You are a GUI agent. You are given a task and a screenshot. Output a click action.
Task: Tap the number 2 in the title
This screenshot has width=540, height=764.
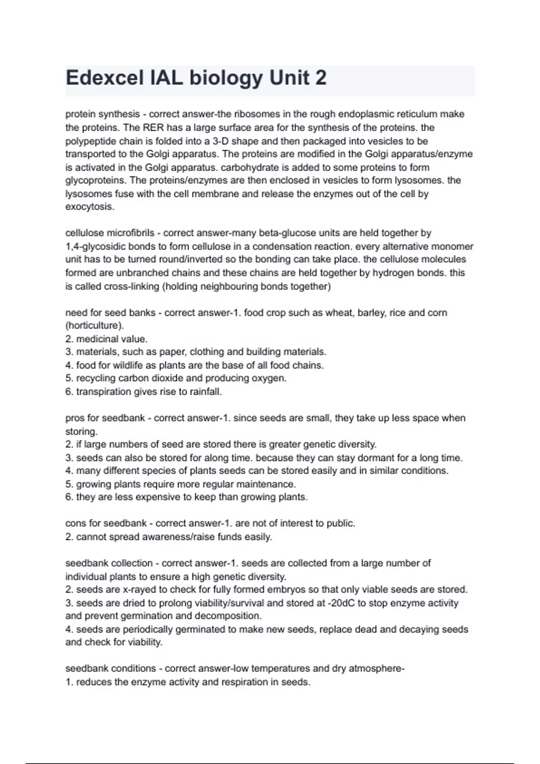coord(321,78)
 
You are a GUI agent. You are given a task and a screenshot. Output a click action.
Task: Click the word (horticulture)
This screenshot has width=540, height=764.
coord(94,325)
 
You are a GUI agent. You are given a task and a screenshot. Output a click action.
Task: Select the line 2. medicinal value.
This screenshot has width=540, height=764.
coord(107,339)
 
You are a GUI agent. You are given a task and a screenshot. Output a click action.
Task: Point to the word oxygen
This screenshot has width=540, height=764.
coord(272,378)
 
